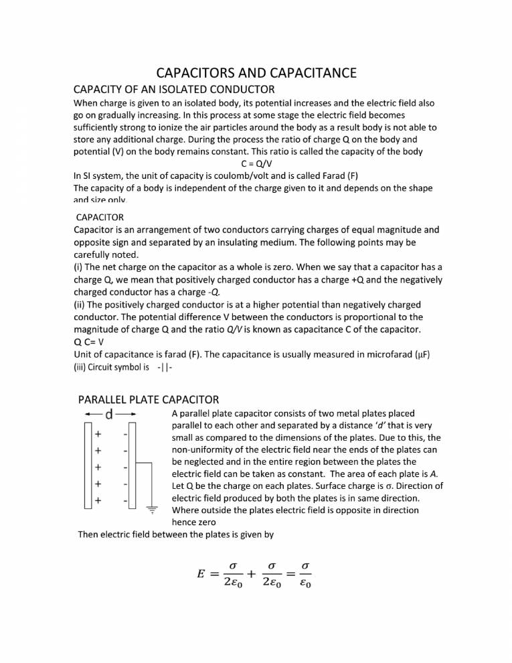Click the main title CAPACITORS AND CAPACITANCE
256,72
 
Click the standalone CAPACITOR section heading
100,218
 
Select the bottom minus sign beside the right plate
125,500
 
